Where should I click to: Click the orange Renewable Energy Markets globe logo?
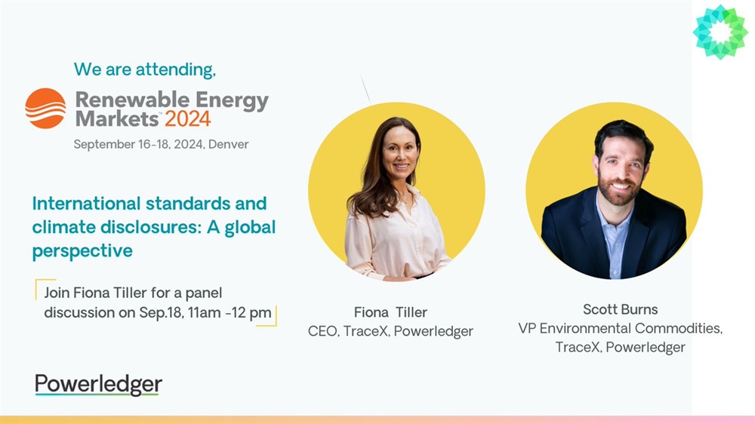click(45, 109)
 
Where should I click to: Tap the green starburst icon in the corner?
click(720, 32)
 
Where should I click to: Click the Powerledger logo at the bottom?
click(98, 385)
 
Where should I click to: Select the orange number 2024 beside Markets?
click(188, 119)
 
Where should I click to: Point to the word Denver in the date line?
click(228, 144)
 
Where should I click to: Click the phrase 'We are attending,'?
click(144, 69)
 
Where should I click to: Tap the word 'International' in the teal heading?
click(86, 204)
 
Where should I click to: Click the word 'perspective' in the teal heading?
click(82, 251)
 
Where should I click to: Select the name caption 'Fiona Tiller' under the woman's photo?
click(390, 312)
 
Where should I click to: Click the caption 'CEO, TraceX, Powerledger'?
click(390, 332)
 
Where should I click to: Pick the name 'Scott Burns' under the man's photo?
click(620, 309)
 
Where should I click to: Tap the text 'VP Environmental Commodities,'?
click(620, 328)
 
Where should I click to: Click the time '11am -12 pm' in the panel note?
click(230, 313)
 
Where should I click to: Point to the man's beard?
click(619, 189)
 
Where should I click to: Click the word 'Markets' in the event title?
click(117, 119)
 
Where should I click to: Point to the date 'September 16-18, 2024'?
click(138, 144)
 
